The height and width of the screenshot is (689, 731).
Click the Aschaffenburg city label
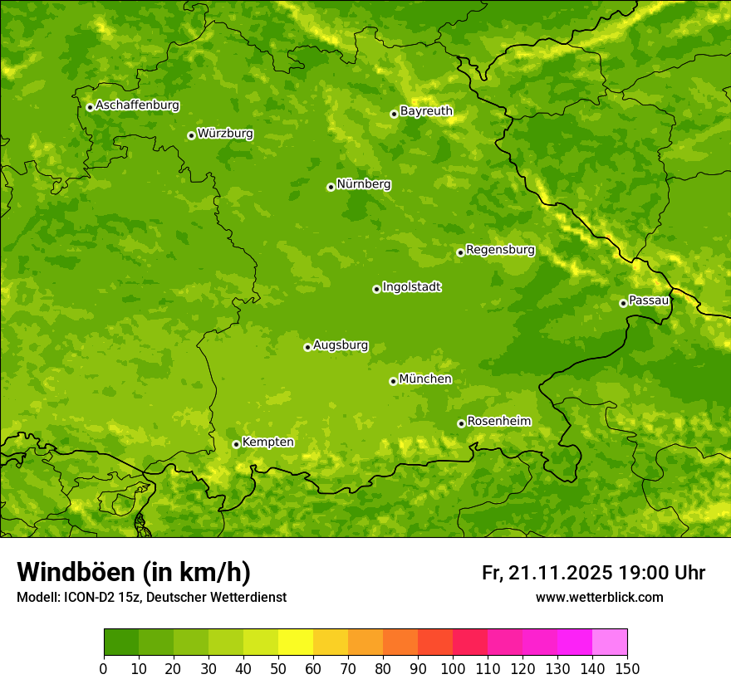pyautogui.click(x=137, y=105)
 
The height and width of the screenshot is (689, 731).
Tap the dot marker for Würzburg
pyautogui.click(x=191, y=135)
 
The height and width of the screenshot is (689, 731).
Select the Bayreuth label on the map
pyautogui.click(x=426, y=111)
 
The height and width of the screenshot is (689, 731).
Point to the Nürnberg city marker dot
pyautogui.click(x=331, y=187)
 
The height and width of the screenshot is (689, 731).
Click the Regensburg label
pyautogui.click(x=500, y=250)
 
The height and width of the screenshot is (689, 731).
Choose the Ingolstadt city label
pyautogui.click(x=411, y=287)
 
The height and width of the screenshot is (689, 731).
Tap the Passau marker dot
pyautogui.click(x=623, y=303)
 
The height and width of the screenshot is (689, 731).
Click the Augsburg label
pyautogui.click(x=341, y=345)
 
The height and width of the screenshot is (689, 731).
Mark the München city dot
pyautogui.click(x=393, y=381)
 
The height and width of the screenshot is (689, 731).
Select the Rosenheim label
pyautogui.click(x=498, y=422)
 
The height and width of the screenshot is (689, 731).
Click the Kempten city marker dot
pyautogui.click(x=236, y=444)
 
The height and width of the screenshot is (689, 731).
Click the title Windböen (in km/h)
pyautogui.click(x=134, y=572)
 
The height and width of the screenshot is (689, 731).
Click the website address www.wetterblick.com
pyautogui.click(x=599, y=598)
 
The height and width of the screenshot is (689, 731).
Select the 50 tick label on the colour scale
pyautogui.click(x=278, y=669)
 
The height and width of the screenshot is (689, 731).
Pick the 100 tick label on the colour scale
pyautogui.click(x=453, y=669)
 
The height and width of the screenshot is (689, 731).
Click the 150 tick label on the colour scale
pyautogui.click(x=627, y=669)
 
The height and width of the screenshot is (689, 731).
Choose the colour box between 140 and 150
pyautogui.click(x=610, y=643)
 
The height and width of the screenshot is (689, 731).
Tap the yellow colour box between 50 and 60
pyautogui.click(x=296, y=643)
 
